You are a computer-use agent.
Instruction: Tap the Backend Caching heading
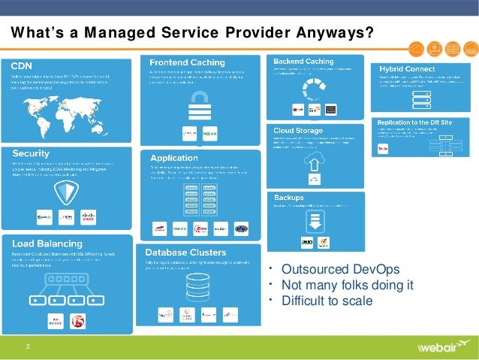303,61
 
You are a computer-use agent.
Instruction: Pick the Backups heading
289,197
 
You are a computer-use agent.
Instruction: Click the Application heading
174,158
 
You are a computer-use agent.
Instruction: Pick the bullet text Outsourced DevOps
340,270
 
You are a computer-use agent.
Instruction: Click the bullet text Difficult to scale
327,301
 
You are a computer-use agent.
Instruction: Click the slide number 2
28,346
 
